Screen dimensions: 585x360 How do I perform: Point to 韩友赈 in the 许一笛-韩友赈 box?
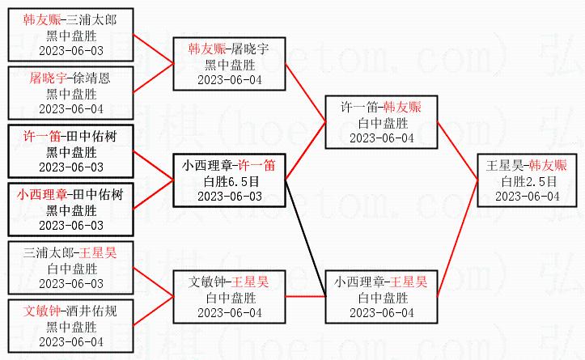tap(402, 107)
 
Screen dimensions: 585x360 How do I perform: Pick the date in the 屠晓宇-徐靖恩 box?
tap(71, 108)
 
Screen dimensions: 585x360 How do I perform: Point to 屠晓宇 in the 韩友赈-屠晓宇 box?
tap(252, 49)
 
